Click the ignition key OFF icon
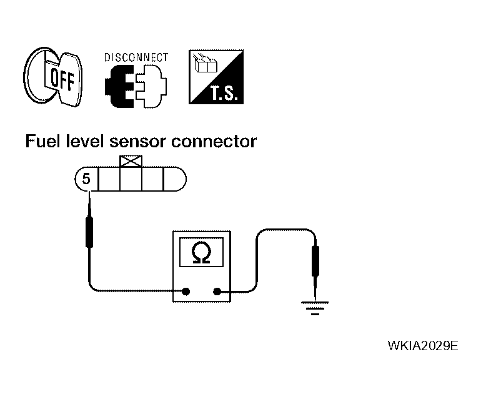(53, 77)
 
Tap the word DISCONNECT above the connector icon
(136, 57)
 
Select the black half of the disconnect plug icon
(120, 86)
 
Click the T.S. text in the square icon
(224, 93)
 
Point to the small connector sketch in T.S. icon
(205, 64)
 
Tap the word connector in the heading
(214, 142)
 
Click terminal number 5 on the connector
(86, 179)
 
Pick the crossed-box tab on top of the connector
(131, 161)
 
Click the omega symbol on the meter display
(201, 252)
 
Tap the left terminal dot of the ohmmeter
(186, 292)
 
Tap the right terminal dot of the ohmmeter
(217, 292)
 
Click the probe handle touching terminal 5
(89, 232)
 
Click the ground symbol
(315, 308)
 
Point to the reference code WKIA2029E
(423, 346)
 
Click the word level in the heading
(84, 141)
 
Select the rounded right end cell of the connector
(175, 179)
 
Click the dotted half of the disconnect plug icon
(151, 86)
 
